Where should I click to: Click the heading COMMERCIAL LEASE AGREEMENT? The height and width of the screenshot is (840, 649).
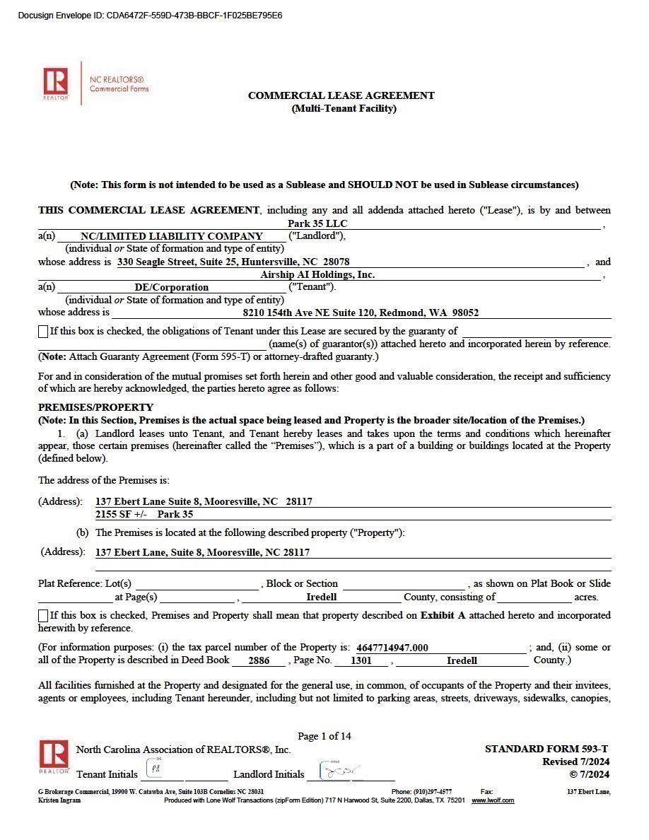[x=341, y=95]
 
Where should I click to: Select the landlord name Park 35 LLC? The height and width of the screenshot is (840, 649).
[x=317, y=224]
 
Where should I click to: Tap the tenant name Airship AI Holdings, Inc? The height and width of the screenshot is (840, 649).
[x=317, y=274]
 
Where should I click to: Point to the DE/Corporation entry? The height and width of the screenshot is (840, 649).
[x=172, y=287]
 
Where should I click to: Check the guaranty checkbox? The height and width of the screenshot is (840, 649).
[x=43, y=331]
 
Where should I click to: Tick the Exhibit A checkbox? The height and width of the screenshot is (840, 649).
[x=43, y=616]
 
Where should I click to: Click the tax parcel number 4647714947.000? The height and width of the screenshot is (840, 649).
[x=392, y=648]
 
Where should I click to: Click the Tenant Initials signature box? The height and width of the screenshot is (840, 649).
[x=155, y=769]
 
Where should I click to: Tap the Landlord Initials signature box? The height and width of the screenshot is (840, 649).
[x=339, y=769]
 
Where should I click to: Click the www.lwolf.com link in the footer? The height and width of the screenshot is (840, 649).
[x=493, y=800]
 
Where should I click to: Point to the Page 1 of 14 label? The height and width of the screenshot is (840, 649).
[x=324, y=736]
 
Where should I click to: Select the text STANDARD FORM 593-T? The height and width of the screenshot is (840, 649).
[x=546, y=749]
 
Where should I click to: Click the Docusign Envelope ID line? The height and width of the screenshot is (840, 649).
[x=150, y=16]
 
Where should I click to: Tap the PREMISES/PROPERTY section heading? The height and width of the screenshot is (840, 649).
[x=95, y=407]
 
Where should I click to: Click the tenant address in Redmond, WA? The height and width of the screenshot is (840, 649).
[x=361, y=313]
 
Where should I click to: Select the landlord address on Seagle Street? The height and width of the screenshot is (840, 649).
[x=233, y=262]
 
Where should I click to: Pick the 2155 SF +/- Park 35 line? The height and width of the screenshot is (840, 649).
[x=144, y=514]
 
